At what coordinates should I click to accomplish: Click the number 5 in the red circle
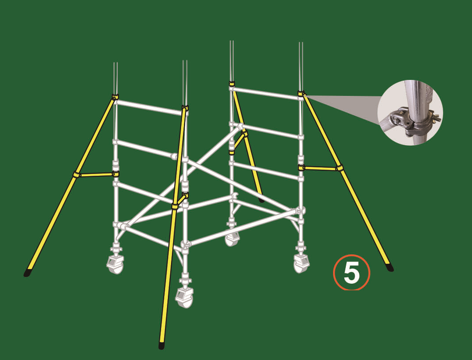(352, 273)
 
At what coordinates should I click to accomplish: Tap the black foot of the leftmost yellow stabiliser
(28, 273)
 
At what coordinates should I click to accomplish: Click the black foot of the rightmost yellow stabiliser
(390, 268)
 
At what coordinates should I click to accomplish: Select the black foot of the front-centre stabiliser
(162, 345)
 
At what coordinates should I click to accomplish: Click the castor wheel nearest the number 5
(301, 263)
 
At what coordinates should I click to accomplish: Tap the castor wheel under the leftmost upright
(115, 265)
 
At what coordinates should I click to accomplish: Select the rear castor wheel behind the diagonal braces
(231, 239)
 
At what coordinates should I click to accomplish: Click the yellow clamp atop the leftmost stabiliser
(115, 97)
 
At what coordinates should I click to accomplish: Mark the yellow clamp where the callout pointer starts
(301, 94)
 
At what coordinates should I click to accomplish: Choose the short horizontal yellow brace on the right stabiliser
(320, 168)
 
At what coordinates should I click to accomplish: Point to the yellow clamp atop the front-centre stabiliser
(185, 108)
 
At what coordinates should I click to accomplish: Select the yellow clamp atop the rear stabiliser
(231, 83)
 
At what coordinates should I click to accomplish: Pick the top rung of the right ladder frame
(266, 93)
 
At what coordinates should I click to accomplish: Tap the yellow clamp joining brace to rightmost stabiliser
(339, 167)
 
